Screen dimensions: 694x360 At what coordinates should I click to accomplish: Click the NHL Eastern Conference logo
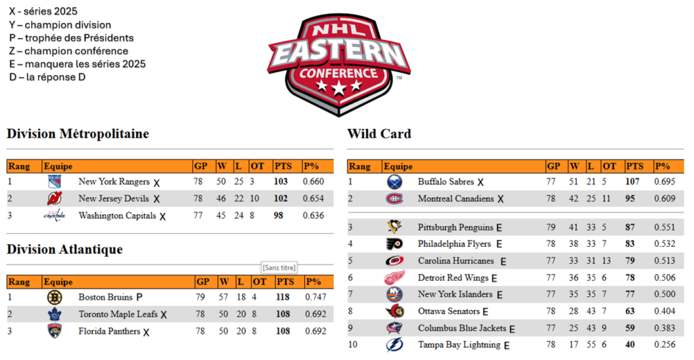pos(339,64)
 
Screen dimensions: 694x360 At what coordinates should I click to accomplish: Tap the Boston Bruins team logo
pos(54,297)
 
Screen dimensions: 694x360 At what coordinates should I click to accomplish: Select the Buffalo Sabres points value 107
pos(632,182)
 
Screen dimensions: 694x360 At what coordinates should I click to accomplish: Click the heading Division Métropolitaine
pos(78,134)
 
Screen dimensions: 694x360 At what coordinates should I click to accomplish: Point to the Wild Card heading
pos(380,134)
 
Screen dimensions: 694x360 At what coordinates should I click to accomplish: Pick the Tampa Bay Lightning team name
pos(459,345)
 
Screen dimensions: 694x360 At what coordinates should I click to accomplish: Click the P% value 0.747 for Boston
pos(316,297)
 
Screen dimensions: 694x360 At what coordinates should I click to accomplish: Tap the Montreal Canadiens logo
pos(394,199)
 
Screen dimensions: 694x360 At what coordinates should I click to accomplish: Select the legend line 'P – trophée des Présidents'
pos(71,38)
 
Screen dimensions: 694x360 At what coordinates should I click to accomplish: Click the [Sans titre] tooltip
pos(279,267)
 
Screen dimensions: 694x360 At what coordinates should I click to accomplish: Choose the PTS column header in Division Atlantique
pos(285,281)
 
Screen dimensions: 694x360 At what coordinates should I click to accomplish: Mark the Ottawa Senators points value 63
pos(630,311)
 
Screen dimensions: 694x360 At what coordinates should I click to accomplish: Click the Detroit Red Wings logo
pos(394,278)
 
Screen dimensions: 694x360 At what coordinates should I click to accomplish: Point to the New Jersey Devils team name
pos(114,199)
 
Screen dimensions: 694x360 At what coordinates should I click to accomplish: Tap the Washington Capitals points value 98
pos(279,216)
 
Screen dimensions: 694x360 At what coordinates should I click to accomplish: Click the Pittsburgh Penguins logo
pos(394,226)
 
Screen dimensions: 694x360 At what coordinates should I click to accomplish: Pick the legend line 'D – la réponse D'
pos(47,77)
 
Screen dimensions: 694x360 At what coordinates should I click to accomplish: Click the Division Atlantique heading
pos(64,249)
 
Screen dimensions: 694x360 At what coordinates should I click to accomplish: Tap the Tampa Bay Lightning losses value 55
pos(591,344)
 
